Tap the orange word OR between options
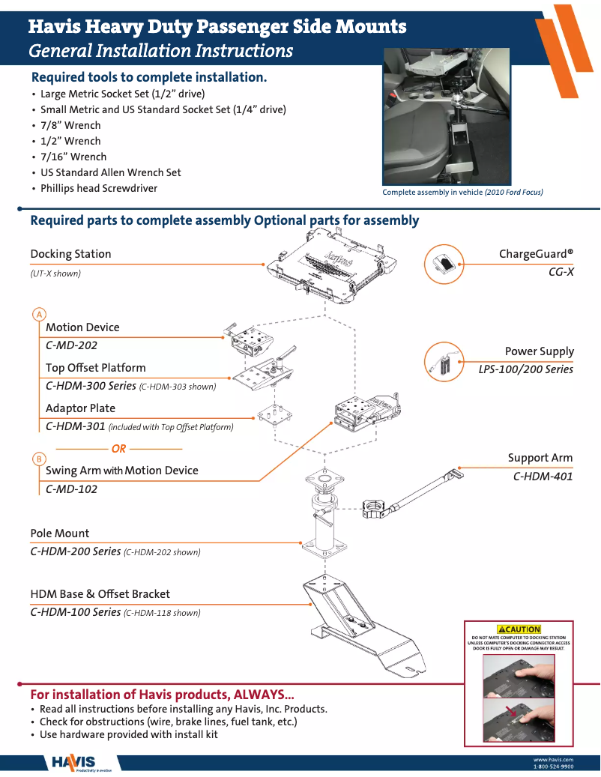(118, 449)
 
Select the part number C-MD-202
(71, 346)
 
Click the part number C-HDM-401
(543, 476)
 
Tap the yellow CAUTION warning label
(519, 629)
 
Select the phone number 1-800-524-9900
(553, 767)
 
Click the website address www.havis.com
(553, 760)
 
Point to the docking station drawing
(330, 267)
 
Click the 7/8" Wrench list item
(70, 125)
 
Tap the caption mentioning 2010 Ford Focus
(462, 193)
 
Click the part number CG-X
(561, 272)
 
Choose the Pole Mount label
(59, 533)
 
